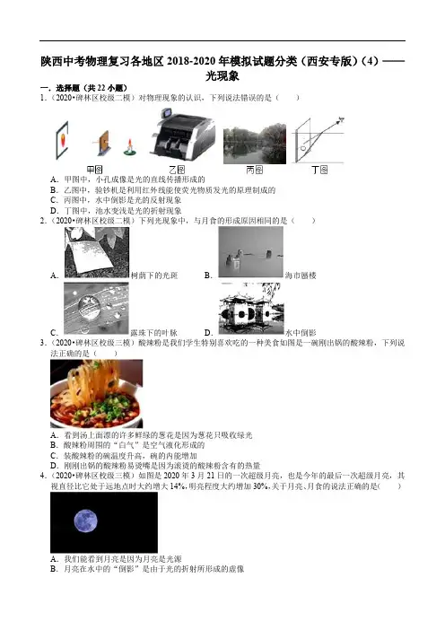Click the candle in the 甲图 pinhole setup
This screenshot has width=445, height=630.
[129, 147]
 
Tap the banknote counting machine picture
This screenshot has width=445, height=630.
[182, 134]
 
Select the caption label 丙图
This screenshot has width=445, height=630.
[254, 170]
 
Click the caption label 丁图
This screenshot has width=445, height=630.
[319, 170]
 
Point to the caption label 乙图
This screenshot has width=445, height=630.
[177, 170]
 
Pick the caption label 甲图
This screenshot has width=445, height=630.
[95, 170]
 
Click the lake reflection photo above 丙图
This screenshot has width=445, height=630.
[255, 144]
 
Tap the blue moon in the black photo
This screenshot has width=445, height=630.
[85, 521]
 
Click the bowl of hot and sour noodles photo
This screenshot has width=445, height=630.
[96, 393]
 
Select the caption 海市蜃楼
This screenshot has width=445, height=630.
[301, 276]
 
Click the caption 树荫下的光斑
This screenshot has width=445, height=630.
[154, 276]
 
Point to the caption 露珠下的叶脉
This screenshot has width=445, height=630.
[153, 332]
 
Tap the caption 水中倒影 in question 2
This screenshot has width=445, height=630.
[301, 332]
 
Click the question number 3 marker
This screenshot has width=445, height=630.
[43, 343]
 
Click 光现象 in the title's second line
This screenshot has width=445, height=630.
[222, 75]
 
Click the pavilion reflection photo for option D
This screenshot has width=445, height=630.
[251, 308]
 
